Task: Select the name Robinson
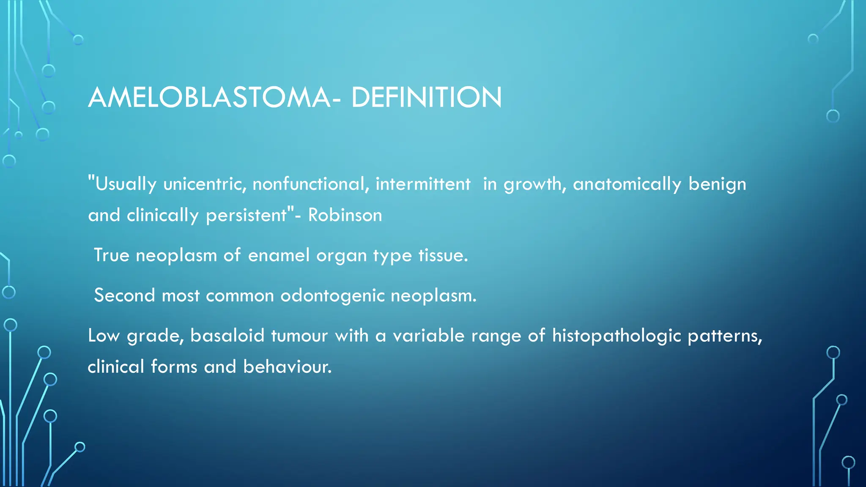coord(345,215)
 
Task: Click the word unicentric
coord(205,184)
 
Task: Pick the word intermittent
coord(422,184)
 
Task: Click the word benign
coord(717,184)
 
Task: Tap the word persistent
coord(246,215)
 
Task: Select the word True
coord(111,255)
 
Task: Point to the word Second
coord(124,295)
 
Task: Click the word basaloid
coord(227,336)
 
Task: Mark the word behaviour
coord(287,367)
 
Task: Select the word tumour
coord(299,336)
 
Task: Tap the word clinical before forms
coord(115,367)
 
